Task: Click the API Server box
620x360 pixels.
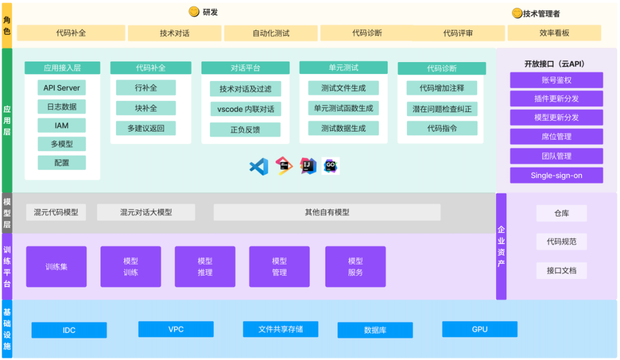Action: tap(62, 88)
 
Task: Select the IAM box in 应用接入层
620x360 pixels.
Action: tap(62, 125)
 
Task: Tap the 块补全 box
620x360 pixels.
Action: tap(146, 108)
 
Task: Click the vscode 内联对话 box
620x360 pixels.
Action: tap(246, 109)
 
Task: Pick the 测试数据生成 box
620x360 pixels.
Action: tap(343, 128)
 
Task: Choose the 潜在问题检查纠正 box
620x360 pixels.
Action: tap(442, 109)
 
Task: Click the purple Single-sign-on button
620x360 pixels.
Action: tap(556, 175)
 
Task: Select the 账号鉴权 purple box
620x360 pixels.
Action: tap(556, 80)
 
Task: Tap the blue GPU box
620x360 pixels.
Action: tap(479, 329)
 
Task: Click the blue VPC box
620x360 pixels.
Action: tap(176, 329)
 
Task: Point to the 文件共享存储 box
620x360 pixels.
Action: tap(280, 329)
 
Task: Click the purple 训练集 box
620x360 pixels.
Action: tap(56, 266)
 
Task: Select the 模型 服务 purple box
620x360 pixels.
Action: tap(355, 266)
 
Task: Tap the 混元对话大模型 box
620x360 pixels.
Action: tap(146, 212)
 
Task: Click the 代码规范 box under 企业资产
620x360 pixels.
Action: tap(561, 242)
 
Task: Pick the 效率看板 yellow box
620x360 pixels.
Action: tap(554, 33)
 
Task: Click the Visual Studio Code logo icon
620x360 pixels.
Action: tap(259, 167)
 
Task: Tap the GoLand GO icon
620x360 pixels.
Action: tap(331, 166)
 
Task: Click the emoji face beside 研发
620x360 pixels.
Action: tap(194, 11)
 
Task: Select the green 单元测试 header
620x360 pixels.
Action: tap(343, 68)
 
